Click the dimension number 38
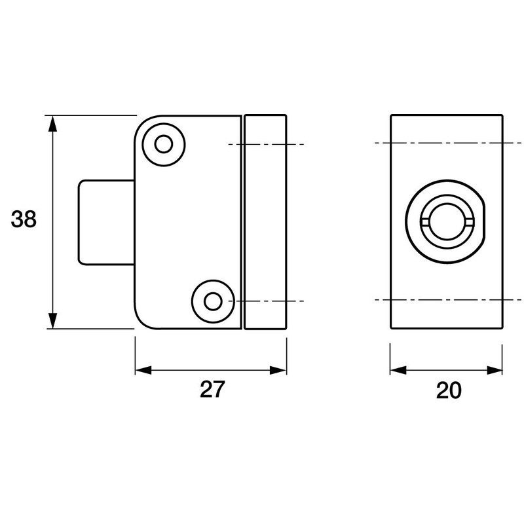pyautogui.click(x=24, y=220)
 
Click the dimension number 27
pyautogui.click(x=212, y=390)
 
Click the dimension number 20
pyautogui.click(x=449, y=390)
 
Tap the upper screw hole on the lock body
pyautogui.click(x=162, y=143)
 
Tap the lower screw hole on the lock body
pyautogui.click(x=212, y=301)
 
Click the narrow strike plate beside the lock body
pyautogui.click(x=265, y=221)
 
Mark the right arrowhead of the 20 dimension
pyautogui.click(x=499, y=370)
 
